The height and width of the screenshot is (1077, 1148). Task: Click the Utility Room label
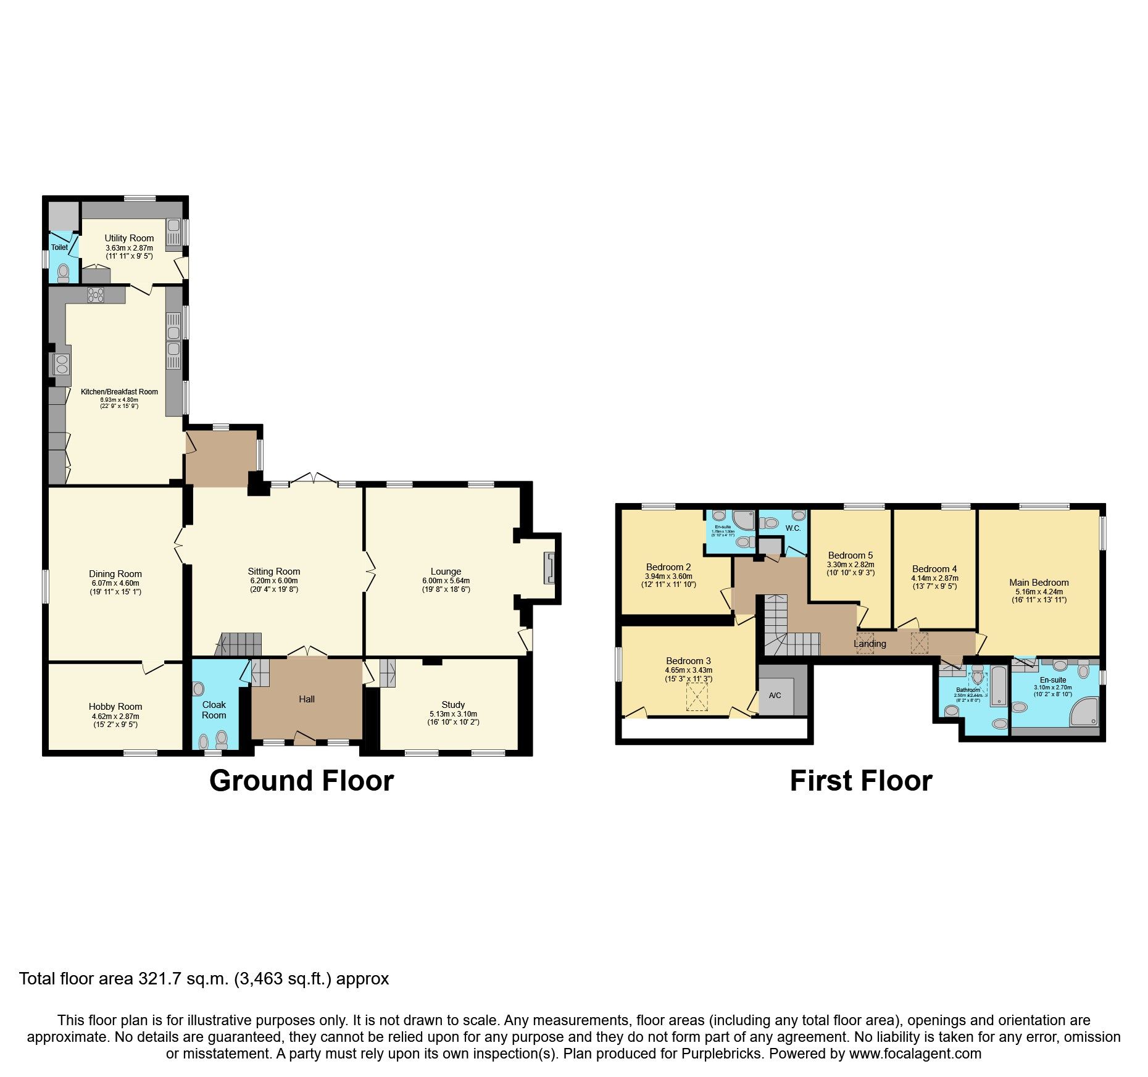(x=129, y=238)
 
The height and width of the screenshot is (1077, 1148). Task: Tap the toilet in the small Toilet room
(x=63, y=272)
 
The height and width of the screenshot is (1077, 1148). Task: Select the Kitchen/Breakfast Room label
(x=119, y=392)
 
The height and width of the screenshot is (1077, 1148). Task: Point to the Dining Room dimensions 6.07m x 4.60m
(x=115, y=583)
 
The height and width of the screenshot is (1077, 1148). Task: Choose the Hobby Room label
(x=115, y=707)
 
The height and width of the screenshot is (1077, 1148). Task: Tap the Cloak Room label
(x=214, y=710)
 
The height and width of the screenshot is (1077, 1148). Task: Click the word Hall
(x=307, y=699)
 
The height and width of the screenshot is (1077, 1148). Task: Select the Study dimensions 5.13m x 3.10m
(x=453, y=713)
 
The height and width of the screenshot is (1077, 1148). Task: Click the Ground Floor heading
(x=301, y=781)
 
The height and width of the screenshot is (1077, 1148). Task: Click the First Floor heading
(x=861, y=781)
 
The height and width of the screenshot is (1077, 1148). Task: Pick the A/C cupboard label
(x=775, y=696)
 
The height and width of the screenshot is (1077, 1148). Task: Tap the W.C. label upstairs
(x=793, y=528)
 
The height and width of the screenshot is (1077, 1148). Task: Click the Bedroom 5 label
(x=851, y=555)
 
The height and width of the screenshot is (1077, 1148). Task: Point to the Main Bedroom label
(x=1039, y=582)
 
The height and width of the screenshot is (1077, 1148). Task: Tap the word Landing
(x=870, y=644)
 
